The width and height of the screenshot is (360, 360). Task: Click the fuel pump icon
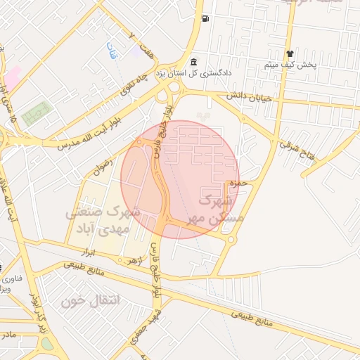[x=205, y=18]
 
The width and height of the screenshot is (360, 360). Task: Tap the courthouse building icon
[x=193, y=62]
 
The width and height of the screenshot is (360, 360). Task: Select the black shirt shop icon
[x=289, y=54]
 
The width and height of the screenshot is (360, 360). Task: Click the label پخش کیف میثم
[x=290, y=65]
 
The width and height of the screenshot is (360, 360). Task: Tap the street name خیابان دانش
[x=247, y=98]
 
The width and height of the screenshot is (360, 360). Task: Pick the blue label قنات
[x=111, y=50]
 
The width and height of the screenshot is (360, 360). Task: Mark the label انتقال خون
[x=91, y=301]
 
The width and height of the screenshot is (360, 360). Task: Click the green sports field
[x=37, y=114]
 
